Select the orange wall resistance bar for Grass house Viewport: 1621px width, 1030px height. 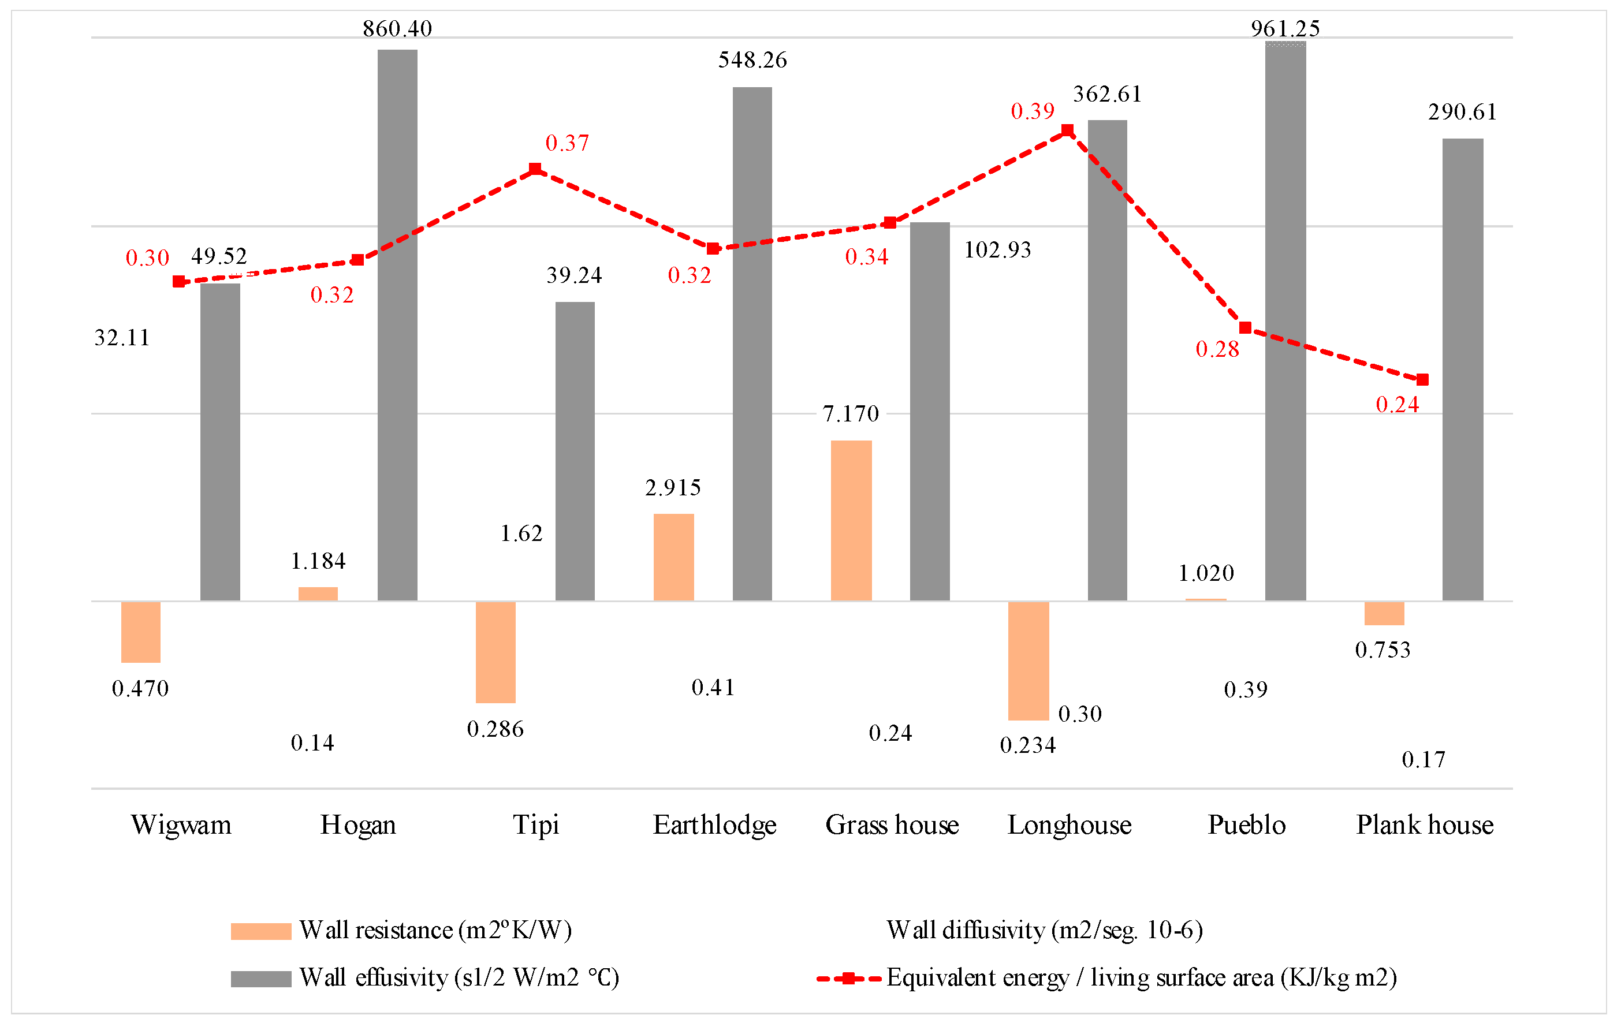pyautogui.click(x=851, y=520)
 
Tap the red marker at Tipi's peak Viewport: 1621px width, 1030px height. pyautogui.click(x=535, y=169)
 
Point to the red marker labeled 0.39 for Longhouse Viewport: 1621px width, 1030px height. pyautogui.click(x=1068, y=130)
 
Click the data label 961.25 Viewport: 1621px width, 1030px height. pyautogui.click(x=1285, y=29)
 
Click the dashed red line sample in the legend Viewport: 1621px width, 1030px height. pyautogui.click(x=849, y=978)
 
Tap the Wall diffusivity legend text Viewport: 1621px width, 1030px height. pyautogui.click(x=1044, y=930)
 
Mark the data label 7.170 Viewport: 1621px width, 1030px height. pyautogui.click(x=851, y=414)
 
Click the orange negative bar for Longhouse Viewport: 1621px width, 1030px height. pyautogui.click(x=1028, y=660)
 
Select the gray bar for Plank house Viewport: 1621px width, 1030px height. pyautogui.click(x=1462, y=369)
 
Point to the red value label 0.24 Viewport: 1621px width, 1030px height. pyautogui.click(x=1397, y=405)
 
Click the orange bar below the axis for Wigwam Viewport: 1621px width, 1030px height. pyautogui.click(x=141, y=632)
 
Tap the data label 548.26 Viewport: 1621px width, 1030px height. pyautogui.click(x=752, y=61)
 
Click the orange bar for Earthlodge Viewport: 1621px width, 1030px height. pyautogui.click(x=673, y=557)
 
